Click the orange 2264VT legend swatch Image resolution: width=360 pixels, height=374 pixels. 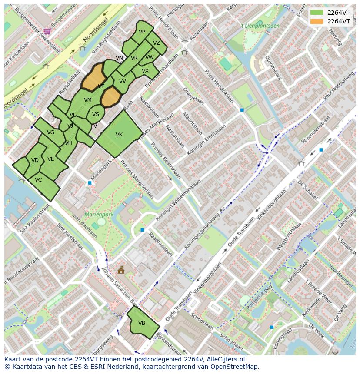tap(317, 21)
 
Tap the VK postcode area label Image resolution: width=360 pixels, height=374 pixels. tap(119, 135)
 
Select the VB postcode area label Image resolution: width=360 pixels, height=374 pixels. tap(142, 323)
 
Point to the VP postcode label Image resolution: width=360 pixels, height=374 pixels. tap(142, 32)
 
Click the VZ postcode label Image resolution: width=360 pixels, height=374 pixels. tap(157, 43)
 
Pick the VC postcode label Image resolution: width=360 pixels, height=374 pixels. tap(38, 180)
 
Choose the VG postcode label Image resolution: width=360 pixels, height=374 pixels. tap(50, 132)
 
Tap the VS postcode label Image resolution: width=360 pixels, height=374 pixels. tap(96, 115)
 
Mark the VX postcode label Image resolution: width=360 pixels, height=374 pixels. tap(145, 71)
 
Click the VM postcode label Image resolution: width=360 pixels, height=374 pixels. tap(88, 100)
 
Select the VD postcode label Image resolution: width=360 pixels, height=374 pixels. tap(35, 161)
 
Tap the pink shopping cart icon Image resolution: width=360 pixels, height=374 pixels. tap(47, 31)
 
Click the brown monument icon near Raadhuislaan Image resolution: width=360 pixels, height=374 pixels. tap(121, 270)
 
